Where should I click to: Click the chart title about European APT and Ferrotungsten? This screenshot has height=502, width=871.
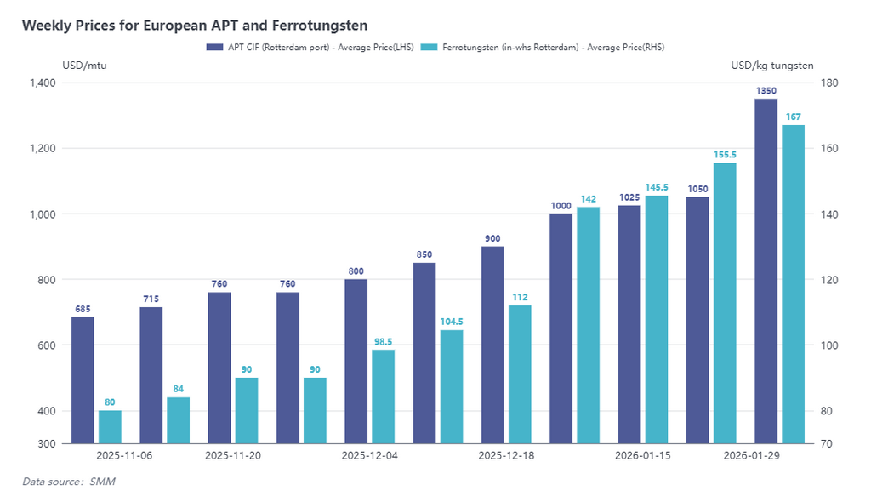[195, 26]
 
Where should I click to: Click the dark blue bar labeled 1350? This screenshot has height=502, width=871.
[766, 271]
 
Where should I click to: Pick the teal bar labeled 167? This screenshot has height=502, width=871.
[793, 284]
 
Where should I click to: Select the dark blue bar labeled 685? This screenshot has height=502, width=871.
[83, 380]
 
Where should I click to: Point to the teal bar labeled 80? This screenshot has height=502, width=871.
[110, 427]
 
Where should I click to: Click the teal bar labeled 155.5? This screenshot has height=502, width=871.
[725, 303]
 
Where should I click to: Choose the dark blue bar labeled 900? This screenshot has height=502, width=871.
[492, 345]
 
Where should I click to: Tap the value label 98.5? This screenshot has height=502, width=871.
[383, 341]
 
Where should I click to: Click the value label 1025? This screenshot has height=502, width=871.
[629, 197]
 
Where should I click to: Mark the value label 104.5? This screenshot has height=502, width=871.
[452, 322]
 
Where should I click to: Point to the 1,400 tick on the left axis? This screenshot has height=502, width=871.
[41, 83]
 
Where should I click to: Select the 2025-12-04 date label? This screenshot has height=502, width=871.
[369, 456]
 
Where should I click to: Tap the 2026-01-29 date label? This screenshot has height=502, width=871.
[752, 456]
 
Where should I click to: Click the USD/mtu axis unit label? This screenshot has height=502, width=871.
[84, 66]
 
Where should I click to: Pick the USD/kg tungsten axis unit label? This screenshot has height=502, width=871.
[771, 66]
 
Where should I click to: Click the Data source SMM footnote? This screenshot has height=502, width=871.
[68, 482]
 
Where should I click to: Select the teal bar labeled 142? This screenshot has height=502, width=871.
[588, 325]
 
